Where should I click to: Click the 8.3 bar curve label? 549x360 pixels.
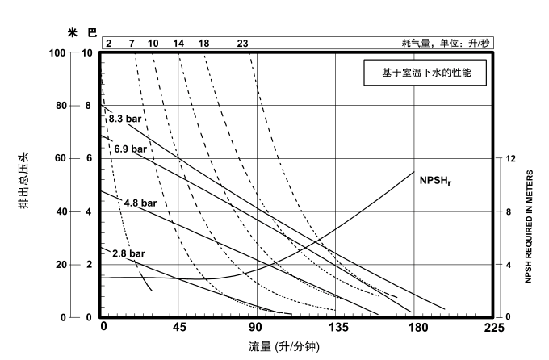(124, 118)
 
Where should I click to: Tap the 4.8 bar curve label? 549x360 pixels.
(140, 203)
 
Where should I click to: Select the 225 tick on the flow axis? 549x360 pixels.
(493, 327)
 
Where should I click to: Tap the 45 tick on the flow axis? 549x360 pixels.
(179, 327)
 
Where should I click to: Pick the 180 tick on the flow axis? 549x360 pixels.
(415, 327)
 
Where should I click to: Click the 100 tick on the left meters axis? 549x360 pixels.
(57, 53)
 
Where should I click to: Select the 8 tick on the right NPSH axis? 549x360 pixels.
(509, 211)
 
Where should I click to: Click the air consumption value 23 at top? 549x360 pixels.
(242, 43)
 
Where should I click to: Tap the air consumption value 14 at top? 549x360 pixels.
(178, 43)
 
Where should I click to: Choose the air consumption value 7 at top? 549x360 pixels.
(132, 43)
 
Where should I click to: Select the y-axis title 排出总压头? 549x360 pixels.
(24, 185)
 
